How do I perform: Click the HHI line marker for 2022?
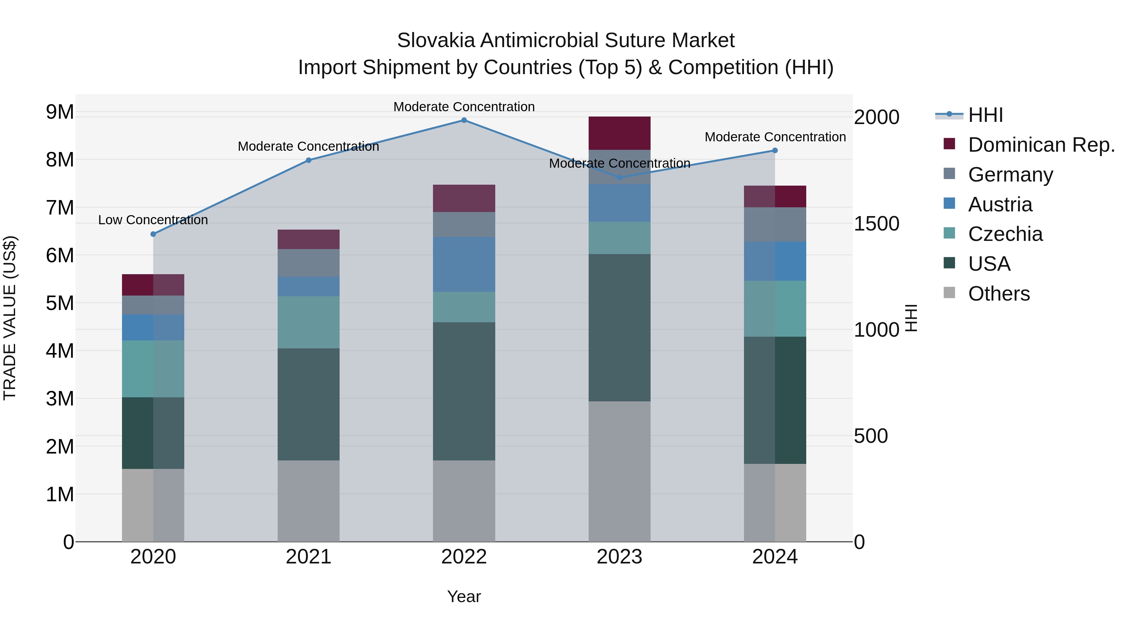(x=464, y=120)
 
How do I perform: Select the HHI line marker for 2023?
(x=619, y=178)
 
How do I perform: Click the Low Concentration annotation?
(x=153, y=220)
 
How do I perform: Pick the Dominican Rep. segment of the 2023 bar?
(x=619, y=133)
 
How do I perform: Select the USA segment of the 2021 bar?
(x=308, y=404)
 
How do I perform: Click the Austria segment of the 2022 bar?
(x=464, y=265)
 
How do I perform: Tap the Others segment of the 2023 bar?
(x=619, y=471)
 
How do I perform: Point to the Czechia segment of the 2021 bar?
(x=308, y=322)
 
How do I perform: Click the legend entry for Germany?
(x=1010, y=175)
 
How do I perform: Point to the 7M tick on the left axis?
(x=60, y=208)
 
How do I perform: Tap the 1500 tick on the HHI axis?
(x=876, y=224)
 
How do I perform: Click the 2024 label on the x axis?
(x=775, y=557)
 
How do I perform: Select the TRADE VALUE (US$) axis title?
(x=10, y=318)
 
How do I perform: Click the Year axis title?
(x=464, y=597)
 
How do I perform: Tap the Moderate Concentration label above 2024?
(x=775, y=137)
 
